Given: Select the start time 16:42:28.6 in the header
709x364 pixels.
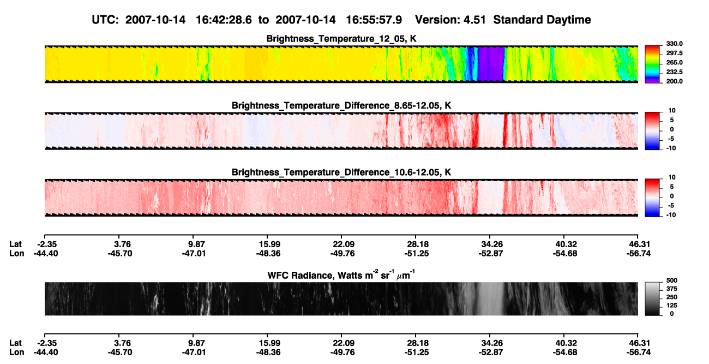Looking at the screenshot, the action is pyautogui.click(x=224, y=20).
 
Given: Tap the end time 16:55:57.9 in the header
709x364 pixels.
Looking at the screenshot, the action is pyautogui.click(x=374, y=20).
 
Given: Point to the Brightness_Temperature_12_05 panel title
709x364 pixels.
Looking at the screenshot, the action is pyautogui.click(x=341, y=39).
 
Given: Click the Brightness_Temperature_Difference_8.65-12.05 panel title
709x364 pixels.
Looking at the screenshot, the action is pyautogui.click(x=341, y=105).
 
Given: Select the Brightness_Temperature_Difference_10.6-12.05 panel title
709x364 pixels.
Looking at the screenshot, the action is pyautogui.click(x=341, y=172).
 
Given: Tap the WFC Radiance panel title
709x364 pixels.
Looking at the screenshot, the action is pyautogui.click(x=341, y=275).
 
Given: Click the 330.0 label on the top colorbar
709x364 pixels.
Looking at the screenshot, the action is pyautogui.click(x=674, y=44).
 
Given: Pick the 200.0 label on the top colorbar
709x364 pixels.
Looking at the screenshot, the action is pyautogui.click(x=674, y=81).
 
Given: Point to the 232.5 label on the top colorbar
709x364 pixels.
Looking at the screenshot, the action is pyautogui.click(x=674, y=72).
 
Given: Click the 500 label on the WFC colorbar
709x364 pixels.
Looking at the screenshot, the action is pyautogui.click(x=672, y=281).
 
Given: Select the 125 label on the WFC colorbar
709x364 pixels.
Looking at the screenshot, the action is pyautogui.click(x=672, y=306).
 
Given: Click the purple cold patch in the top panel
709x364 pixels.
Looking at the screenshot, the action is pyautogui.click(x=491, y=64).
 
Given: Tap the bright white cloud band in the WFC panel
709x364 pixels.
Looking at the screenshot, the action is pyautogui.click(x=490, y=299).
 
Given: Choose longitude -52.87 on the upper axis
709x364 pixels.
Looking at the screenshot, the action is pyautogui.click(x=491, y=253).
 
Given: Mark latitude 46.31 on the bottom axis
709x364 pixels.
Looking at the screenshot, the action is pyautogui.click(x=639, y=343).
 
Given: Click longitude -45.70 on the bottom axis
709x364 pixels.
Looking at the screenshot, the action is pyautogui.click(x=120, y=353).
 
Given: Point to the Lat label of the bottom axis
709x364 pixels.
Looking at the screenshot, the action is pyautogui.click(x=15, y=343).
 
